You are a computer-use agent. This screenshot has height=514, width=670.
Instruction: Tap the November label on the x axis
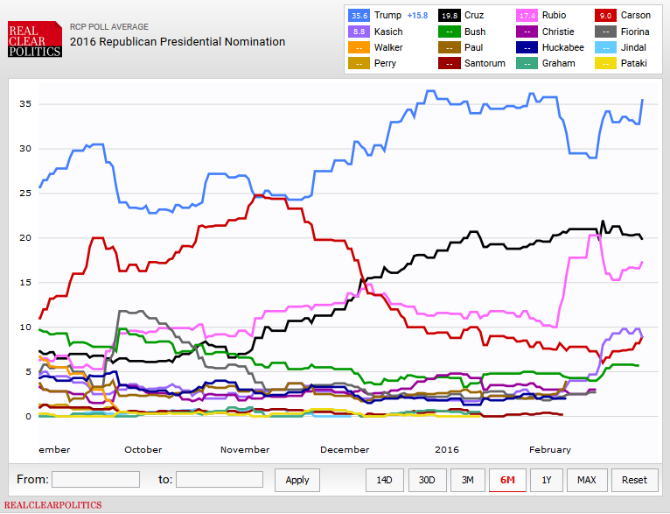(x=245, y=449)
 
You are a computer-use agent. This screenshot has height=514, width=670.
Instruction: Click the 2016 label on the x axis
(x=447, y=449)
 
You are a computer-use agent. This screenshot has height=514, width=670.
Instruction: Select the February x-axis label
(x=549, y=449)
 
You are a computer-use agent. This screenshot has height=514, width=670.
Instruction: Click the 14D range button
(x=384, y=480)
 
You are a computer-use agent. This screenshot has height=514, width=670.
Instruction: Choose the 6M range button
(x=506, y=480)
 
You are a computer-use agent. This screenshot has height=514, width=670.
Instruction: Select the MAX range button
(x=587, y=480)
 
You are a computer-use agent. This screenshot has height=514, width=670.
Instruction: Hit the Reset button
(x=634, y=480)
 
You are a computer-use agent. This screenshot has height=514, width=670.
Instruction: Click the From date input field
(x=95, y=479)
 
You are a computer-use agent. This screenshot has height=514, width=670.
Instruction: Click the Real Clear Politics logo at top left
(x=34, y=40)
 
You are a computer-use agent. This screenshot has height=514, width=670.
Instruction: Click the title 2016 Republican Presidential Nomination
(x=178, y=41)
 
